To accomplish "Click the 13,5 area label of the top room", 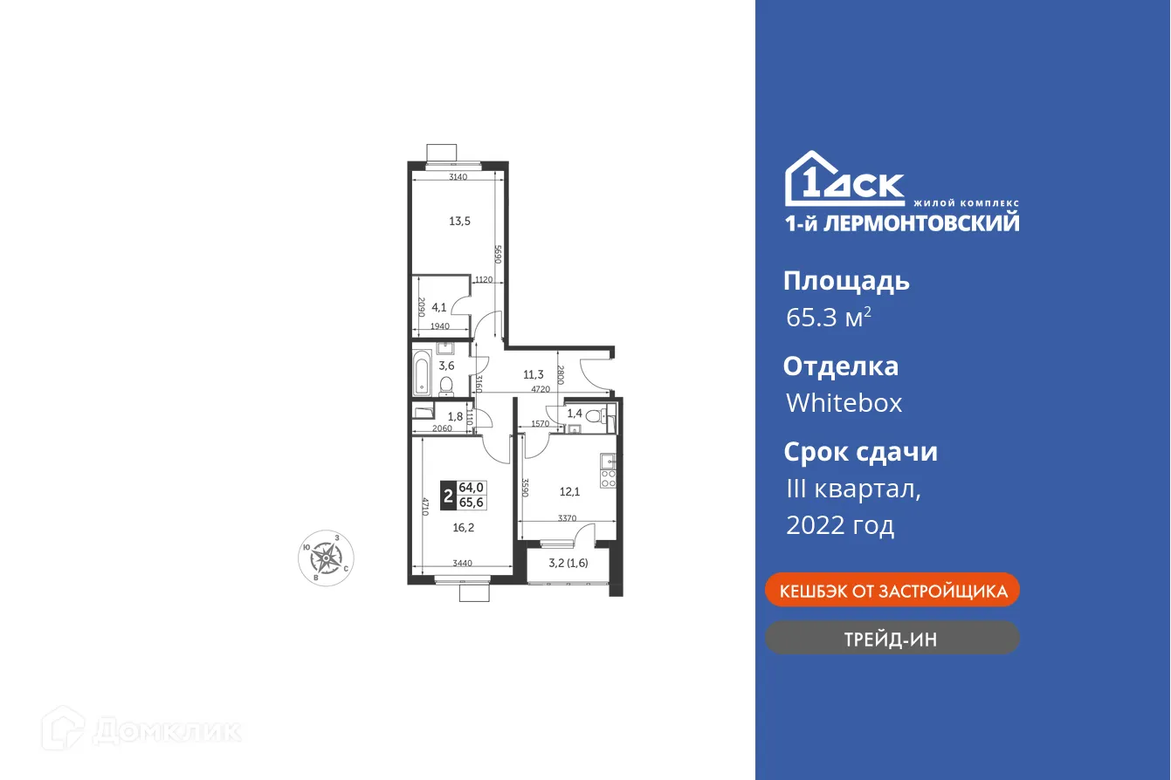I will tap(460, 221).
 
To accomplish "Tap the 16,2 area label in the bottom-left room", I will tap(464, 527).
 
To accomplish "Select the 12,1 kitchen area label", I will tap(569, 490).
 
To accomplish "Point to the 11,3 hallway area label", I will tap(534, 375).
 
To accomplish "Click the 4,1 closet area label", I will tap(439, 306).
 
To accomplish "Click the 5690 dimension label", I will tap(496, 254).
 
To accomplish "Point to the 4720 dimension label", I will tap(541, 389).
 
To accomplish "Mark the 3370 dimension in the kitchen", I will tap(568, 518).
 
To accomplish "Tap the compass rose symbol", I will tap(327, 555).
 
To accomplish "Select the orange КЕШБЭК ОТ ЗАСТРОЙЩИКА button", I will tap(892, 591).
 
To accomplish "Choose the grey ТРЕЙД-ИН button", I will tap(892, 639).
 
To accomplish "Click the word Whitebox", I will tap(844, 403).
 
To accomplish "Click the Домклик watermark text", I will tap(166, 730).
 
